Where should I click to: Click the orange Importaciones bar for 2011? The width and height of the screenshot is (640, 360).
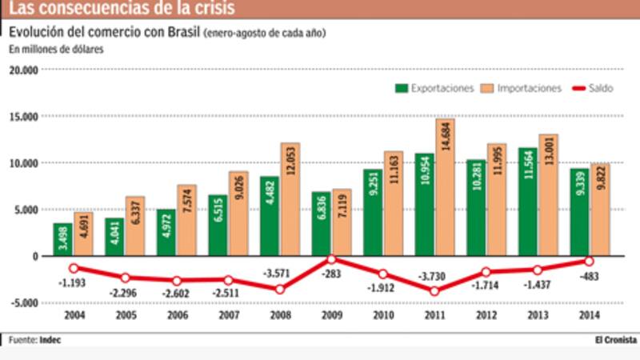pos(446,187)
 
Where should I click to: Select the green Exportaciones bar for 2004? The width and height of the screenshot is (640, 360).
pos(63,239)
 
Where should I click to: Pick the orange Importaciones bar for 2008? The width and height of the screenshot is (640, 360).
pos(290,199)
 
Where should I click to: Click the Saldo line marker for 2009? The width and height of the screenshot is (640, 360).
pos(331,259)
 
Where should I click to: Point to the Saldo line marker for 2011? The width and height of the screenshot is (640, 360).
pos(434,291)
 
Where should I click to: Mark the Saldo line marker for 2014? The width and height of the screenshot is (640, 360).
pos(589,261)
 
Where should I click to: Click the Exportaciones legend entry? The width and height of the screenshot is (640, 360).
pos(435,88)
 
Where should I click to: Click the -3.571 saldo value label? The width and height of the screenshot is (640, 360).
pos(280,272)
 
